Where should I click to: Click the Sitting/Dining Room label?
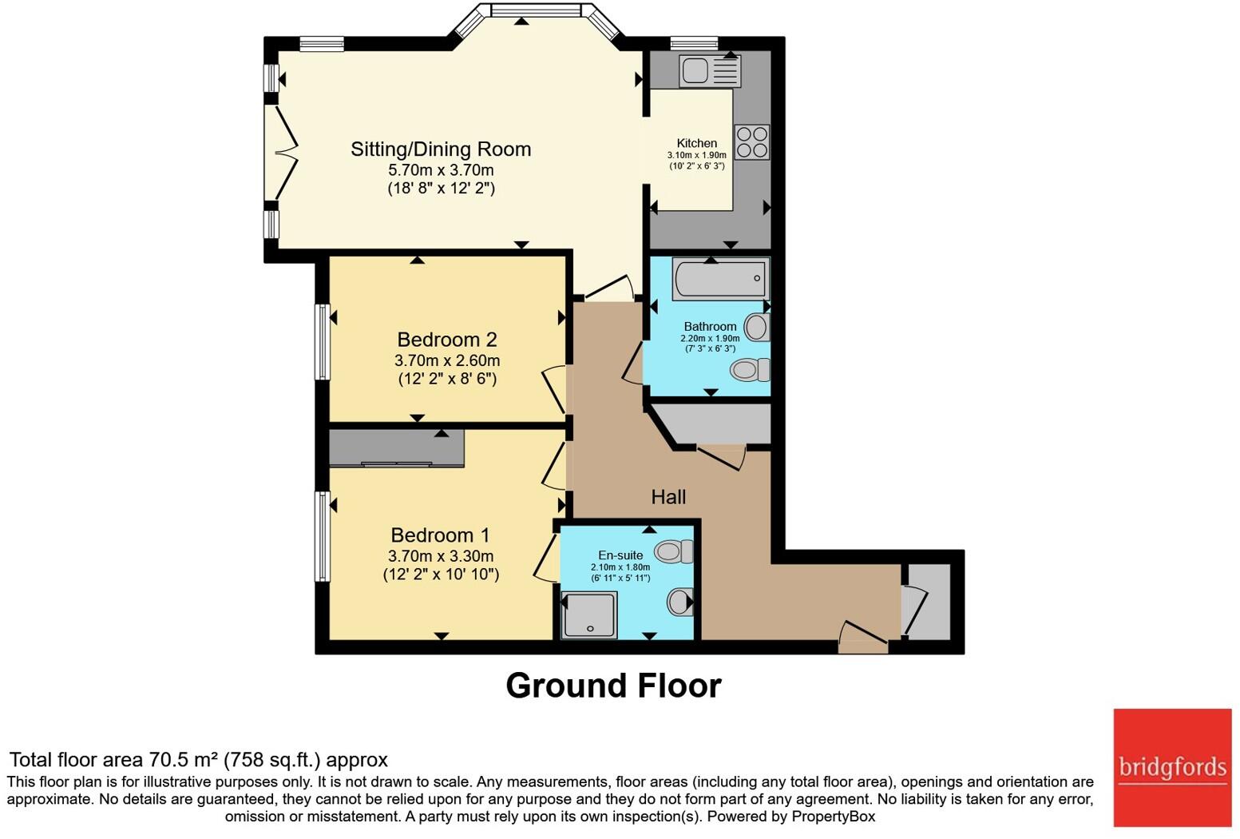pos(441,149)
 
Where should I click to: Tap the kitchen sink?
pos(711,70)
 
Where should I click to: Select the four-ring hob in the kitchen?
pos(752,142)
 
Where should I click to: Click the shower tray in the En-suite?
pos(588,615)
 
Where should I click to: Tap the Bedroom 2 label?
pos(447,339)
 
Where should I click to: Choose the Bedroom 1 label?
pos(441,535)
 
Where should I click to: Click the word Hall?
pos(668,497)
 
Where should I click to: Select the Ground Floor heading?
pos(613,686)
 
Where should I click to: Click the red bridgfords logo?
pos(1172,768)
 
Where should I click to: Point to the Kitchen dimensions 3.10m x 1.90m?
pos(696,155)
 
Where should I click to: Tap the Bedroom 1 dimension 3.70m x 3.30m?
pos(441,556)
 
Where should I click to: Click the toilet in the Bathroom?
pos(750,370)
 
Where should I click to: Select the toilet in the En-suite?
pos(674,551)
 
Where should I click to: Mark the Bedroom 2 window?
pos(323,341)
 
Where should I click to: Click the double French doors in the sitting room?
pos(281,152)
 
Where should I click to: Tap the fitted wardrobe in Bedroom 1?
pos(396,447)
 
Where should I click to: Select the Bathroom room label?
pos(711,326)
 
